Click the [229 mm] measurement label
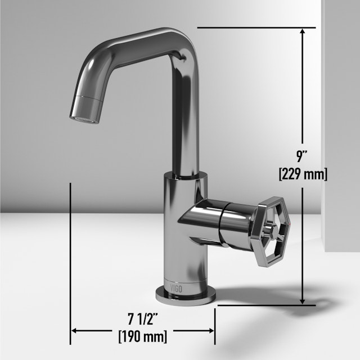[303, 174]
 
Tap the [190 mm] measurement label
[142, 337]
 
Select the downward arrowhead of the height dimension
[303, 299]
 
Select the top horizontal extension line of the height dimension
[253, 27]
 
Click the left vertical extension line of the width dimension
[70, 253]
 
